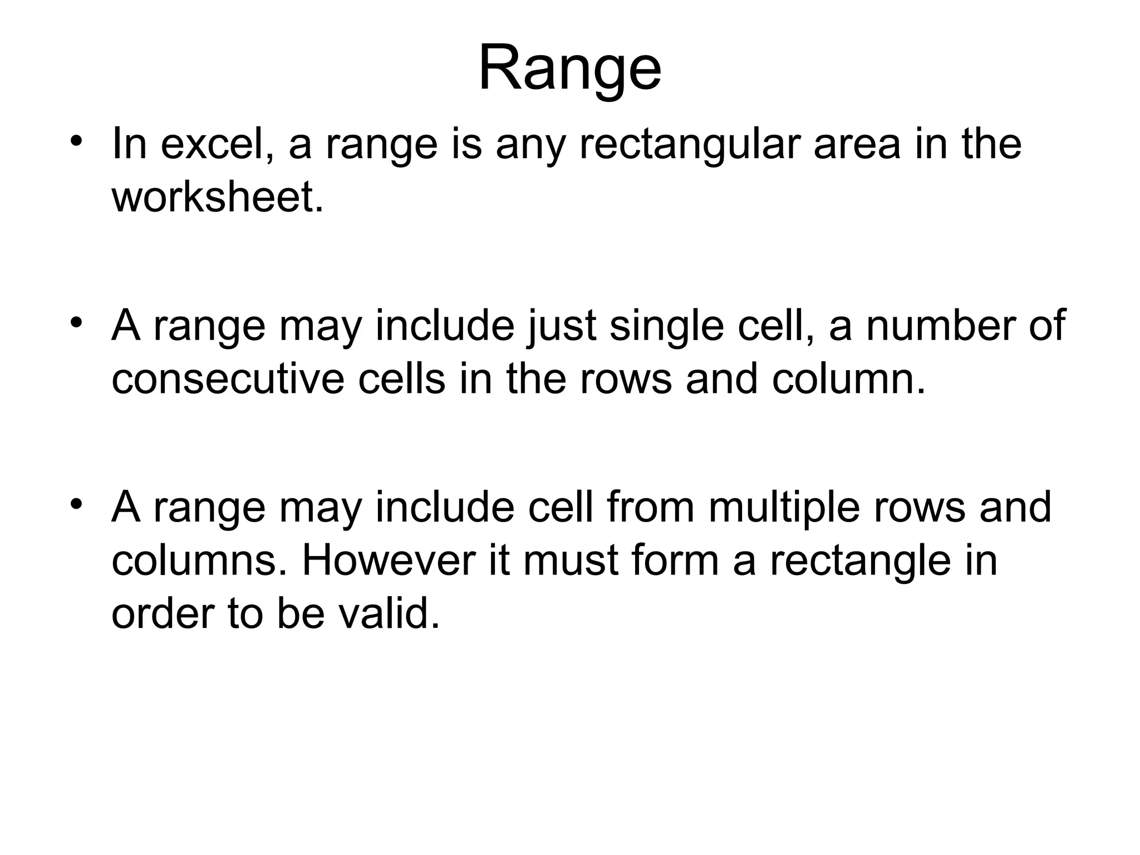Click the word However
point(389,561)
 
